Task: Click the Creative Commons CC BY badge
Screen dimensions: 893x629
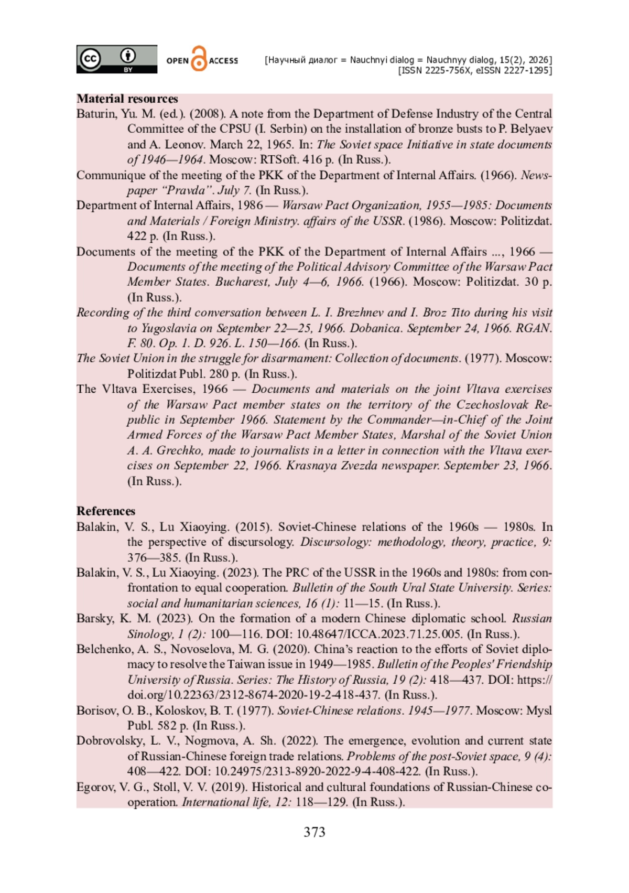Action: click(116, 59)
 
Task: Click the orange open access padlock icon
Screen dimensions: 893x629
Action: click(199, 59)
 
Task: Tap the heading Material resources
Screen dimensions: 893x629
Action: click(127, 99)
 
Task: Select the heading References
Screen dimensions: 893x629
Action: click(106, 511)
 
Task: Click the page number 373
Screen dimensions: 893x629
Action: click(314, 832)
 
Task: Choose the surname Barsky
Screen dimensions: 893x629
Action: click(94, 619)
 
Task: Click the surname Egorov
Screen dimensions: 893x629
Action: click(95, 787)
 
